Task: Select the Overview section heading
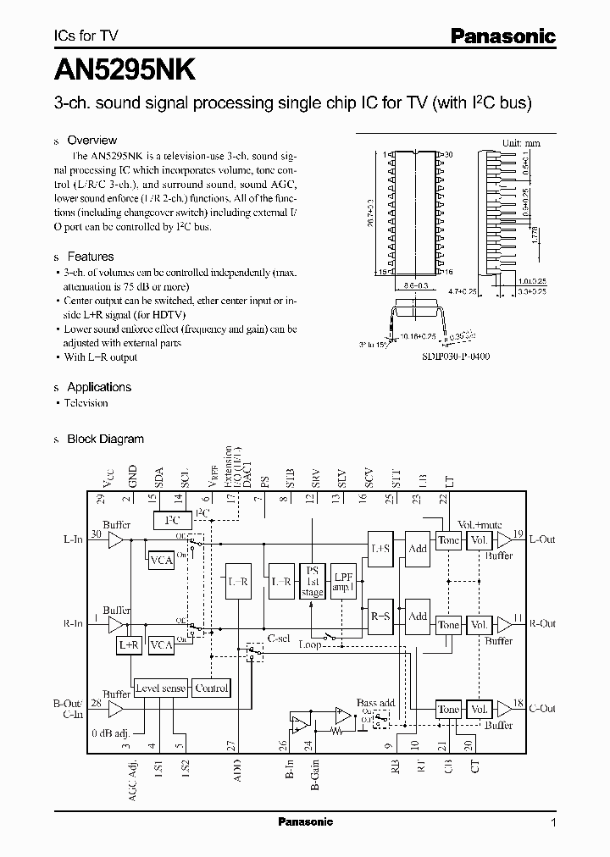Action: coord(91,141)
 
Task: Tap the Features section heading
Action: coord(90,257)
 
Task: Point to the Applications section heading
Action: coord(99,387)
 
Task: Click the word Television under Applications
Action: coord(86,403)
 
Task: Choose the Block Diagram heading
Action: coord(105,439)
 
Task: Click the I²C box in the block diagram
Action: coord(172,521)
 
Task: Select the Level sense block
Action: coord(160,688)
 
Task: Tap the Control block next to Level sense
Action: coord(212,688)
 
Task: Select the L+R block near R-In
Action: coord(129,644)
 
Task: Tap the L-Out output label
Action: coord(541,539)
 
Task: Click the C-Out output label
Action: coord(541,709)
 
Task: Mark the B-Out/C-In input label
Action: coord(72,709)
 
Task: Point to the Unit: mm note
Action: coord(522,144)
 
